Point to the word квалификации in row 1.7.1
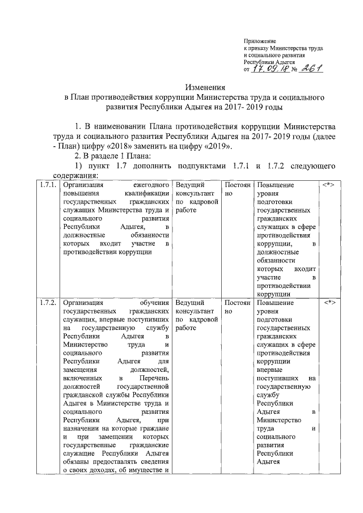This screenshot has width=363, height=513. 147,193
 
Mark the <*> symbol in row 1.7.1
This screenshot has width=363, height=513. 330,185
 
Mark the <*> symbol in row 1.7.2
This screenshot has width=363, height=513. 330,303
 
